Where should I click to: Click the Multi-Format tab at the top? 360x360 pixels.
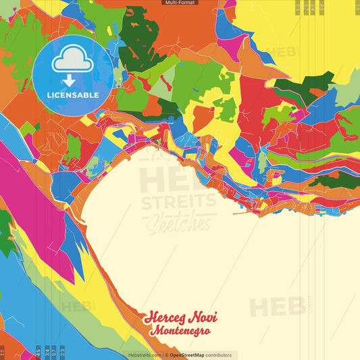[180, 3]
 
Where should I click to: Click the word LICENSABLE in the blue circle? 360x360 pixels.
[72, 95]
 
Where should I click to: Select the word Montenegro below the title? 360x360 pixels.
[180, 331]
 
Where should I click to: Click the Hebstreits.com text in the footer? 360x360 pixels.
[145, 355]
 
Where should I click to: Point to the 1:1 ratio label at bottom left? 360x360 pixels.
[2, 353]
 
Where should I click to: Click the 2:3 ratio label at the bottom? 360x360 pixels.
[62, 353]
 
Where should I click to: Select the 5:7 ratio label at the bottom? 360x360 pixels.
[54, 353]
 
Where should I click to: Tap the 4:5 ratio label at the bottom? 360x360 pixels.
[38, 353]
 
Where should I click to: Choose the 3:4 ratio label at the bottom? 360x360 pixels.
[47, 353]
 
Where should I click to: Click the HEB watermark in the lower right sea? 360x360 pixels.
[277, 307]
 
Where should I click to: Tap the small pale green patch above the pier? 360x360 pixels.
[262, 163]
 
